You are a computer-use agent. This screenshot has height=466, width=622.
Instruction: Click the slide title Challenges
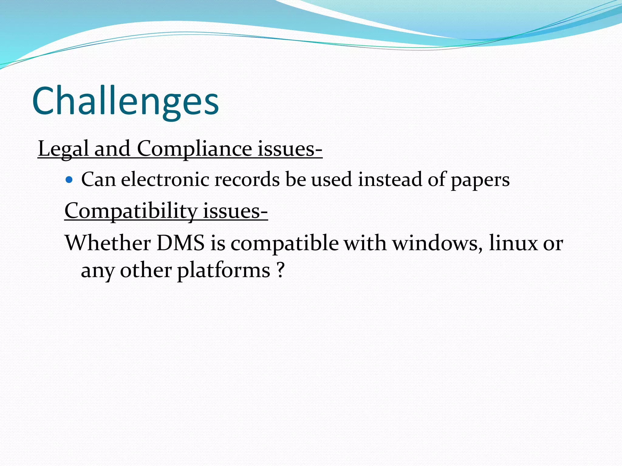pos(125,101)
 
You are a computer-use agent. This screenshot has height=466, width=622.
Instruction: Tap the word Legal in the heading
pos(63,149)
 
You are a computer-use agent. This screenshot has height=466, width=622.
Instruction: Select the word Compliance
pos(194,149)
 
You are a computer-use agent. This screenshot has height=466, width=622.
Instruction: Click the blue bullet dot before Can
pos(69,180)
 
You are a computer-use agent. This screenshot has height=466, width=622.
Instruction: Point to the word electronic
pos(165,179)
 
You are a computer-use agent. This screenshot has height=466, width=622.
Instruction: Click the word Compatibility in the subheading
pos(131,211)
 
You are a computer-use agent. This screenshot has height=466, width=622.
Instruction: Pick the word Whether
pos(108,243)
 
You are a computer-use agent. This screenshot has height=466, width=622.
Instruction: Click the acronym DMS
pos(181,243)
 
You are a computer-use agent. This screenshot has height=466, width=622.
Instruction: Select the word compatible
pos(285,244)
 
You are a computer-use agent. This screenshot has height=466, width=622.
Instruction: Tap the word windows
pos(437,243)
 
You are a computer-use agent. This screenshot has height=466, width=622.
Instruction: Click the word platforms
pos(224,270)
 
